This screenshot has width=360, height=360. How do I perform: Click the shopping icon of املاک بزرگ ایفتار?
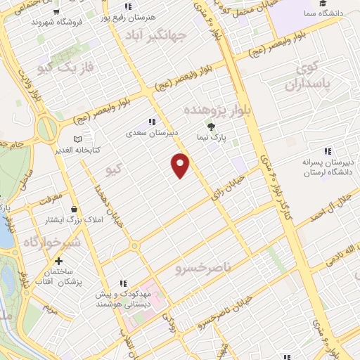pos(75,209)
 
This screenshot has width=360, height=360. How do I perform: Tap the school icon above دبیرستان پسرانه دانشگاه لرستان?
pos(327,151)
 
